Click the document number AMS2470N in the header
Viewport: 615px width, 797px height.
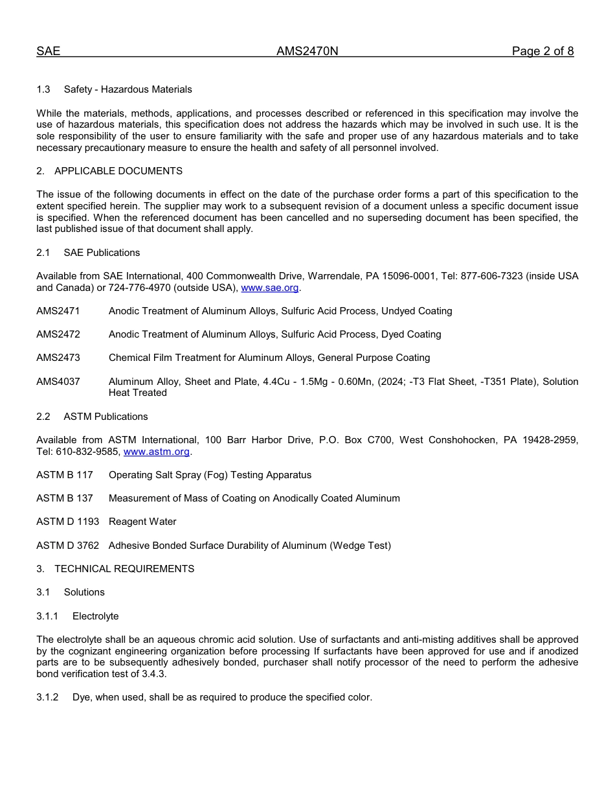[307, 52]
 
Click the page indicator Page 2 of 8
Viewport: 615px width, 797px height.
[542, 52]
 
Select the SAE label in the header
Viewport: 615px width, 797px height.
[48, 52]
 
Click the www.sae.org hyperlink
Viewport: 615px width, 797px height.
[270, 288]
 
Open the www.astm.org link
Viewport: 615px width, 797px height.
[156, 452]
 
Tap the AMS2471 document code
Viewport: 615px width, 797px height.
[58, 311]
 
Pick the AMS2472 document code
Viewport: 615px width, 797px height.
[58, 334]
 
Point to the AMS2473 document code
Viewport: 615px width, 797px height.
[58, 358]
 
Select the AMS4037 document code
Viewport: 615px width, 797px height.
[58, 382]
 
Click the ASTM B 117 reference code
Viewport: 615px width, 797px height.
[65, 475]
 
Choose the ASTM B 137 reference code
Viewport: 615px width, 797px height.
[65, 498]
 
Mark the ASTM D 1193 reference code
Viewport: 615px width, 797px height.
[67, 522]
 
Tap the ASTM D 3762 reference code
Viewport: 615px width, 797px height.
[67, 546]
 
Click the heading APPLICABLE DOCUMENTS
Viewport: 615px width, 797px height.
[118, 171]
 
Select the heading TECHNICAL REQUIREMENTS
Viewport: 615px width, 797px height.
[124, 569]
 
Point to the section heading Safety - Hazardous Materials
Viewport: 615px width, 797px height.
[128, 89]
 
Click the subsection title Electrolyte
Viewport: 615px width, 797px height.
[95, 616]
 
